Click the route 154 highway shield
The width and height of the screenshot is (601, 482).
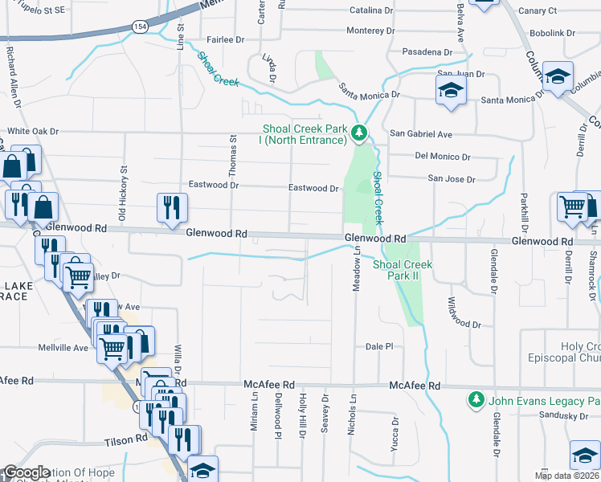(x=140, y=27)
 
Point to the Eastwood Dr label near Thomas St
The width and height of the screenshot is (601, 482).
(x=212, y=185)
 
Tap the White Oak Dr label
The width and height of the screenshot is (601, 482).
(x=34, y=131)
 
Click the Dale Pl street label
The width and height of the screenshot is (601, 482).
(x=378, y=346)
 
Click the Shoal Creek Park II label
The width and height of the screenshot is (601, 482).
(x=403, y=270)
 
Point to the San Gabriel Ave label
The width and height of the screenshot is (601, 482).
(x=421, y=134)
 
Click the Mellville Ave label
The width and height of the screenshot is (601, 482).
(x=63, y=348)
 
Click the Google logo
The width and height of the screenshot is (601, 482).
(x=27, y=472)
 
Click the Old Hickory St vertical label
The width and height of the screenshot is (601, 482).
(x=123, y=194)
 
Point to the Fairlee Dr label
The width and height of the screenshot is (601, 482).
(x=224, y=39)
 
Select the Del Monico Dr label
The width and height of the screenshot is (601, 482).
(x=443, y=157)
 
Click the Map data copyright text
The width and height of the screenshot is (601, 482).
(x=564, y=476)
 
